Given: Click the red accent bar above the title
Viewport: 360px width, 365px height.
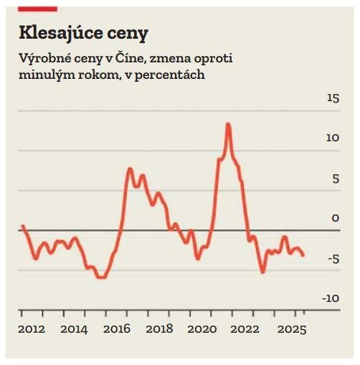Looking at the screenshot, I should click(37, 8).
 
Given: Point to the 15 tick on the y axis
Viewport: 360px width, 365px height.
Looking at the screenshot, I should click(332, 98).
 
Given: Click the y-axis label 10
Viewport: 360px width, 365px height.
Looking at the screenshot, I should click(332, 138).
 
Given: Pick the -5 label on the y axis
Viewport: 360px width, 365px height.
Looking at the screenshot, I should click(333, 259).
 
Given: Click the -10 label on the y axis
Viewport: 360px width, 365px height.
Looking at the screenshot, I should click(330, 298).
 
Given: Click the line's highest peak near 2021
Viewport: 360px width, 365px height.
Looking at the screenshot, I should click(228, 124).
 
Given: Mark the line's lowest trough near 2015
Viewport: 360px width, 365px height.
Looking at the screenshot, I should click(101, 277).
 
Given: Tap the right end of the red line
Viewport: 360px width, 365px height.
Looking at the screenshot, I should click(303, 255).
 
